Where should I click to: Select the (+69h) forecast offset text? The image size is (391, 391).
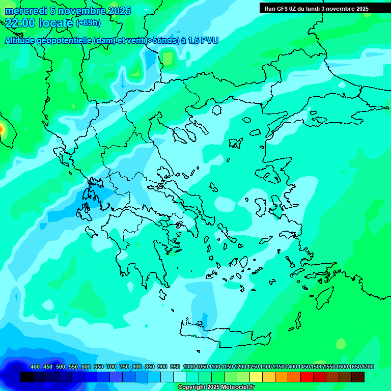(x=88, y=23)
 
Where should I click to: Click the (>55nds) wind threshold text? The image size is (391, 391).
(x=162, y=41)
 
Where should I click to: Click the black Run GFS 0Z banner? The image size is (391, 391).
(x=317, y=8)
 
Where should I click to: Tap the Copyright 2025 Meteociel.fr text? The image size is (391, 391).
(x=216, y=387)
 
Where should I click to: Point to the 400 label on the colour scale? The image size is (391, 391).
(x=35, y=367)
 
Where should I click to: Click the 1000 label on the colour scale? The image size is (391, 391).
(x=189, y=367)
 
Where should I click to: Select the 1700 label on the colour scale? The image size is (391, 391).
(x=368, y=367)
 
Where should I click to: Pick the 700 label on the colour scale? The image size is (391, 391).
(x=111, y=367)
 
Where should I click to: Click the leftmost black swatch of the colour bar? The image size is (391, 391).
(x=27, y=377)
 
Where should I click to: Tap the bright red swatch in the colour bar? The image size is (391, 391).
(x=307, y=377)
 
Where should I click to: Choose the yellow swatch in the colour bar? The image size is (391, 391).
(x=256, y=377)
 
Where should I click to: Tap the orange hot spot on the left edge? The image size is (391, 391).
(x=2, y=129)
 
